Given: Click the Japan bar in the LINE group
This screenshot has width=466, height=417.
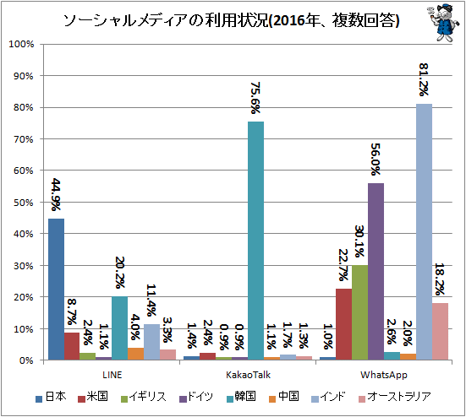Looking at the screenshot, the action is pos(56,290).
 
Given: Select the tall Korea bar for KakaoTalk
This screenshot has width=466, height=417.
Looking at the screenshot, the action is pos(256,241).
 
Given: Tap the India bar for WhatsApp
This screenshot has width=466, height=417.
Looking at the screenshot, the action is pos(424,232).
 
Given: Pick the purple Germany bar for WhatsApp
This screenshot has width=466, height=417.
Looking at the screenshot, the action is pos(376,272).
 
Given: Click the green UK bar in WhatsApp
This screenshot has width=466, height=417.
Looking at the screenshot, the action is pos(360,312).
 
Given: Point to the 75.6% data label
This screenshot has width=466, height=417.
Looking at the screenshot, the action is pos(255,98).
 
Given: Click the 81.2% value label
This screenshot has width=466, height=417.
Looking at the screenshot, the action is pos(424,79).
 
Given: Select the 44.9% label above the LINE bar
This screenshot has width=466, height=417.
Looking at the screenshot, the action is pos(56,194).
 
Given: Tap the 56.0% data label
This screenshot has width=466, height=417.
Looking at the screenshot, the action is pos(376,160).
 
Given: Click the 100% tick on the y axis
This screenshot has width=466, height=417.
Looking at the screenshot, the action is pos(21,44).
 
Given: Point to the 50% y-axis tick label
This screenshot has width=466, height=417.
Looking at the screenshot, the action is pos(23,203).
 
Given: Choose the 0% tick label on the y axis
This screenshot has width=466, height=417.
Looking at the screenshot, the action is pos(26,360).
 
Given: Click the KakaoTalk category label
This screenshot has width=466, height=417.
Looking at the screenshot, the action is pos(248,375).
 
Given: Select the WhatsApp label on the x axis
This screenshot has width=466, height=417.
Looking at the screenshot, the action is pos(384,375).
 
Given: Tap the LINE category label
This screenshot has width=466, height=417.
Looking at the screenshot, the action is pos(112,375).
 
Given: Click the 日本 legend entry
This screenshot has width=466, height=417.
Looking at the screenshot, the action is pos(51,397).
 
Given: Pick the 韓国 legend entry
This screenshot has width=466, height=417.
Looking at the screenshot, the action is pos(241,397).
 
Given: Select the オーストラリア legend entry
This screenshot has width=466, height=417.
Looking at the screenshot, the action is pos(395,397).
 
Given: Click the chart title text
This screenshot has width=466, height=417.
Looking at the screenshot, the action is pos(231,21).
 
